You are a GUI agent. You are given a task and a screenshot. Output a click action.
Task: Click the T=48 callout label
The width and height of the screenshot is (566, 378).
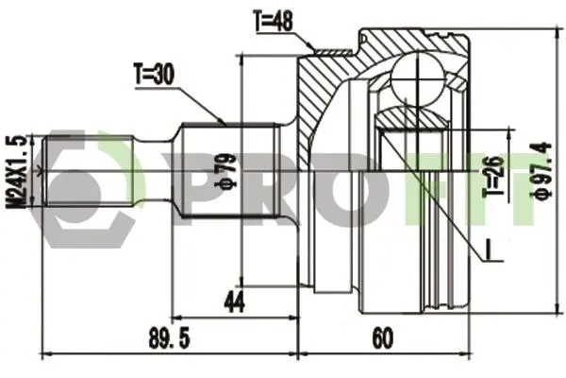273,21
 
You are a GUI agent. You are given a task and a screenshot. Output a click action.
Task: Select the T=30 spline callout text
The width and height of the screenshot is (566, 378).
154,74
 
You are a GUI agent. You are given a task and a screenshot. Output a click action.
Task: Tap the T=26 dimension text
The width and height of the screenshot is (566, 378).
493,176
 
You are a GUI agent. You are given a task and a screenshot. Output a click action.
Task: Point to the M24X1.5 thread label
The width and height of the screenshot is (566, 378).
16,172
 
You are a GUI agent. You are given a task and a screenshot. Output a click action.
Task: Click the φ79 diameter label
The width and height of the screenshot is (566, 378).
226,171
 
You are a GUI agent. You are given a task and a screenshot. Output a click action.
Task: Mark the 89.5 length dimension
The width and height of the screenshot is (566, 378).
169,339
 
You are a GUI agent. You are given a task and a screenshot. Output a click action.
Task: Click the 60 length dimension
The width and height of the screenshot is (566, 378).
383,339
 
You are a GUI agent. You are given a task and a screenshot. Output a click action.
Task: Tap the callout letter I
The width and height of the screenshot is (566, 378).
488,249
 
